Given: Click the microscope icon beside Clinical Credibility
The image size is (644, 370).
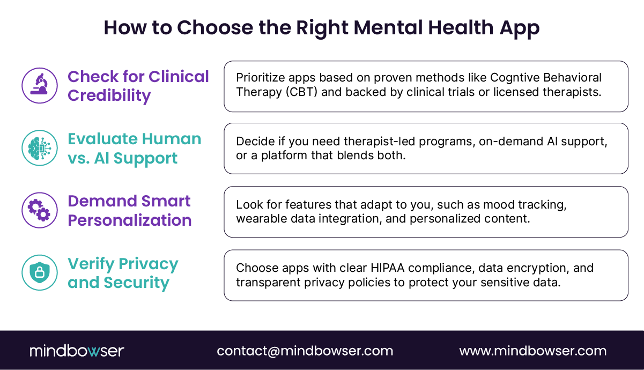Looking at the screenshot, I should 39,85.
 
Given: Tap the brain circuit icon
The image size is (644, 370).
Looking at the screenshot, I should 39,148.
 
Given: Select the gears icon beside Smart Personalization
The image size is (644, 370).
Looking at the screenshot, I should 39,210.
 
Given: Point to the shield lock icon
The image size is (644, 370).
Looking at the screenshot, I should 39,272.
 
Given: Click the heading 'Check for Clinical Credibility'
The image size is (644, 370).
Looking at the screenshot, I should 138,86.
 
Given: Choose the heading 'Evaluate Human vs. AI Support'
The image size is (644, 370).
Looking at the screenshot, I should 134,149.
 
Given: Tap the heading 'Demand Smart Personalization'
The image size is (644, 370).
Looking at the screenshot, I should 129,211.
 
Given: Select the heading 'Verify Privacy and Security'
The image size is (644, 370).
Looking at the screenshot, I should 123,273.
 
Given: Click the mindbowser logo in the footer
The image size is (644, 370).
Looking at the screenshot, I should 77,351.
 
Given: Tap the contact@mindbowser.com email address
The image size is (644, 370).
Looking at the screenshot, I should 305,351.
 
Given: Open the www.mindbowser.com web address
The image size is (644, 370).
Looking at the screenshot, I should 532,351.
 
